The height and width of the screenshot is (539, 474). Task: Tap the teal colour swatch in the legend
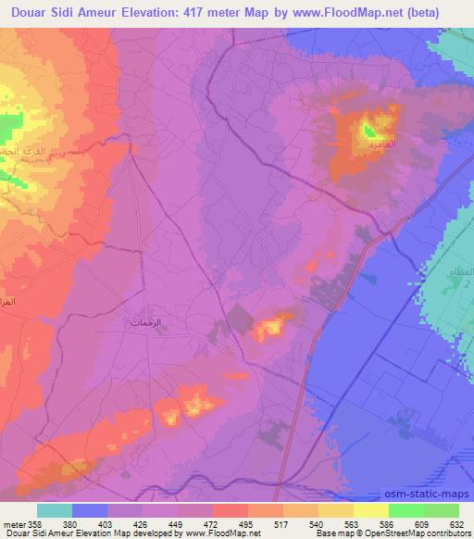55,510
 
